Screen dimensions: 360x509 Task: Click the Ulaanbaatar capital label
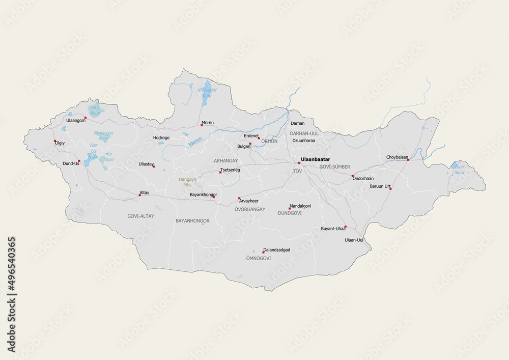[x=316, y=159]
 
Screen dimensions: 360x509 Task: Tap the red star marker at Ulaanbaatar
[x=299, y=163]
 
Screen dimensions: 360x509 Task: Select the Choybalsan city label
[x=397, y=157]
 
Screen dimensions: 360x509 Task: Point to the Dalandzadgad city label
[x=276, y=250]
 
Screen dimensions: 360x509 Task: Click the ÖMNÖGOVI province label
[x=258, y=258]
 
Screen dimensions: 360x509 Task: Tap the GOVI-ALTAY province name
[x=140, y=216]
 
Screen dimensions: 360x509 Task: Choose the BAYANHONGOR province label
[x=192, y=220]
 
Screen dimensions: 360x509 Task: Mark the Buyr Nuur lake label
[x=460, y=170]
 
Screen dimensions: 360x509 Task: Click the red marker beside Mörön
[x=202, y=125]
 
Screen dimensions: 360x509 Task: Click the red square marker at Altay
[x=140, y=195]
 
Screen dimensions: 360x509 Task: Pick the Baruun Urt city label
[x=380, y=186]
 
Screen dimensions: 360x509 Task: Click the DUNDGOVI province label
[x=290, y=213]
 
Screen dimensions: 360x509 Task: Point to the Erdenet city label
[x=251, y=135]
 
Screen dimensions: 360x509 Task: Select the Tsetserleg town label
[x=230, y=170]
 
